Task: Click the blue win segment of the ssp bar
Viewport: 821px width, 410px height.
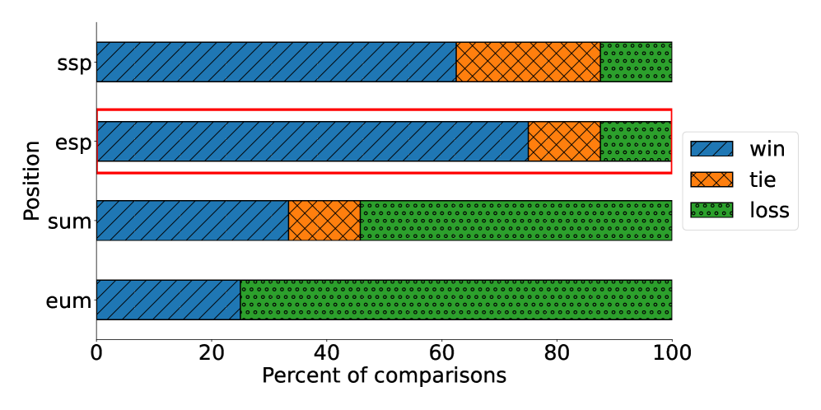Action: tap(276, 62)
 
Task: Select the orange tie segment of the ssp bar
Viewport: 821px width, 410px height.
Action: tap(528, 62)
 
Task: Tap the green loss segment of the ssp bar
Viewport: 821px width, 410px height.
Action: tap(636, 62)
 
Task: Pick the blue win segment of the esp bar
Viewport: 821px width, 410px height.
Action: tap(312, 142)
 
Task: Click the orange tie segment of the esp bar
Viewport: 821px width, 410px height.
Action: tap(564, 142)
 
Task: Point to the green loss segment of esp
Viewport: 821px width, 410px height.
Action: tap(636, 142)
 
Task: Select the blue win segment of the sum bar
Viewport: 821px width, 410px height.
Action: tap(192, 221)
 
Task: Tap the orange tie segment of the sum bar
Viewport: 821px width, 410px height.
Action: tap(324, 221)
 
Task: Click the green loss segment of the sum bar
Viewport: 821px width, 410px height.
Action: tap(516, 221)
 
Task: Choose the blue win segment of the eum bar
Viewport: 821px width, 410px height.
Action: tap(168, 300)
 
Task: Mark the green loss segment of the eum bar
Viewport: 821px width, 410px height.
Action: tap(456, 300)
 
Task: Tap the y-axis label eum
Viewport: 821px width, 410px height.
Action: tap(68, 301)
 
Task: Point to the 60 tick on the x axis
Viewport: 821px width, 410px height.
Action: tap(442, 352)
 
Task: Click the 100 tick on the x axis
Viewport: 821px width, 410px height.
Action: tap(672, 352)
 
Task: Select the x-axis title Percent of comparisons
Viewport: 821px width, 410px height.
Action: tap(384, 376)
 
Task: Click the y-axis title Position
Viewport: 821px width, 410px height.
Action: tap(31, 181)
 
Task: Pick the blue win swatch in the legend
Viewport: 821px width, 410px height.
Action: tap(711, 149)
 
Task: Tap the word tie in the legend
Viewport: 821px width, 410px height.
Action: tap(763, 179)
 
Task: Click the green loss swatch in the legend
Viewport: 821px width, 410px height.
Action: tap(711, 210)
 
